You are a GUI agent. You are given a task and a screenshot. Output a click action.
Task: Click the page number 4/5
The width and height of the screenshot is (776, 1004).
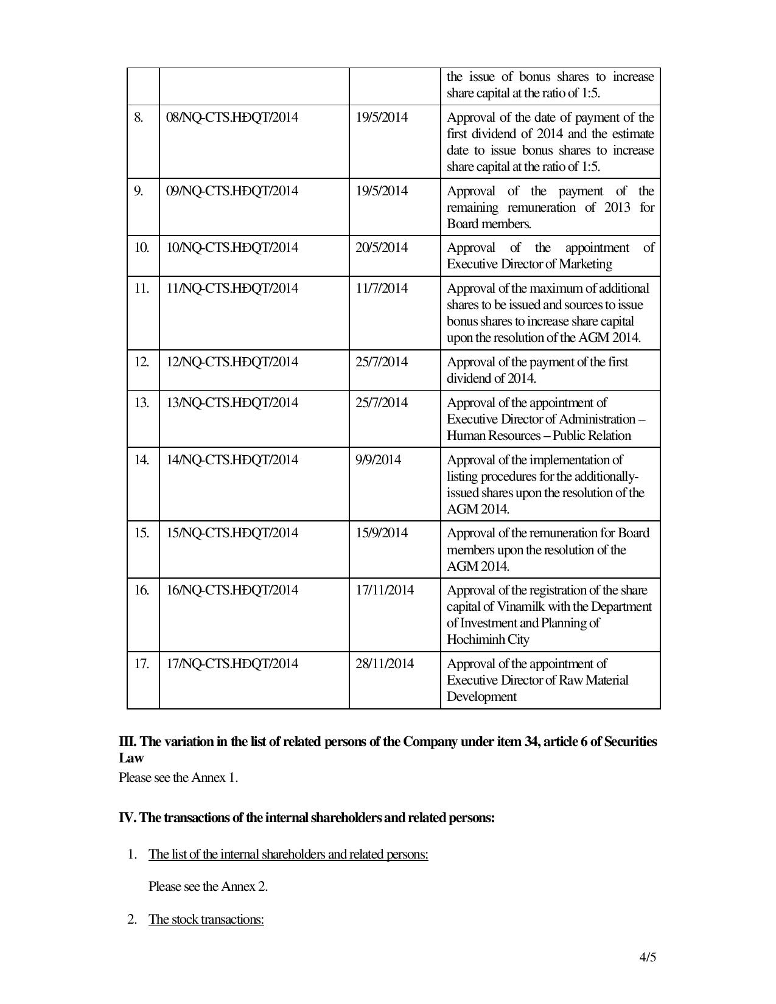pos(648,957)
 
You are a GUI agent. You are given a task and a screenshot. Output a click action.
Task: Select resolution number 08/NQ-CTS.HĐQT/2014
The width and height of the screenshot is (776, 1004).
pos(232,117)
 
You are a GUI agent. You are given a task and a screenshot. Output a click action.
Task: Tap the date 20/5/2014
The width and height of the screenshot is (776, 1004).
pos(381,248)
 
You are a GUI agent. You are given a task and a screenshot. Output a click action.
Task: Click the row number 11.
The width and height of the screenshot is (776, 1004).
pos(141,288)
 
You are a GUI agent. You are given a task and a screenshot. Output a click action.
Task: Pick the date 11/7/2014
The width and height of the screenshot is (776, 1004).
pos(381,288)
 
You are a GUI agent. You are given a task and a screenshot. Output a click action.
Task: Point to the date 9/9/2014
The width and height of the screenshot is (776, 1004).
pos(378,460)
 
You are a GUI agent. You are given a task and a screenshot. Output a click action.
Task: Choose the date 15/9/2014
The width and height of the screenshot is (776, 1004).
pos(381,533)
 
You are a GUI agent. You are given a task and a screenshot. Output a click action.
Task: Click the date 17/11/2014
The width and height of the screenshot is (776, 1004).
pos(384,590)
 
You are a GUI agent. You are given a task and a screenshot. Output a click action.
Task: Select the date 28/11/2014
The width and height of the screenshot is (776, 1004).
pos(384,664)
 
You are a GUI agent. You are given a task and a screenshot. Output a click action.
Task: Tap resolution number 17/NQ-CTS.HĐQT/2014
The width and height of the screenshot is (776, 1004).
pos(232,664)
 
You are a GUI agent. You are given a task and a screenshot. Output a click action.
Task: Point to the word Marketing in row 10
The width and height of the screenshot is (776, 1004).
pos(584,264)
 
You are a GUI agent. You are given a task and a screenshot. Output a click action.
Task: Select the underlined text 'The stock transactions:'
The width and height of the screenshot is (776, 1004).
pos(206,919)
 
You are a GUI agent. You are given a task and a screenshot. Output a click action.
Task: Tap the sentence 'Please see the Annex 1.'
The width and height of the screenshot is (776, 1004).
pos(178,778)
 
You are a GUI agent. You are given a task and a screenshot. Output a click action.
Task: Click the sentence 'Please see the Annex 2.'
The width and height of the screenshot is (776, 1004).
pos(208,887)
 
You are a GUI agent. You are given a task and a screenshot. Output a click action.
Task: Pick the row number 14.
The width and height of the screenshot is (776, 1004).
pos(141,460)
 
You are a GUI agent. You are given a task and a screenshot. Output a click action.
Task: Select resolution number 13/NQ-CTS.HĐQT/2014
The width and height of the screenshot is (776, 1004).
pos(232,403)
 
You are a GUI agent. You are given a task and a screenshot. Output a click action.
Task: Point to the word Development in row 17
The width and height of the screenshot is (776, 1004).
pos(481,697)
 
